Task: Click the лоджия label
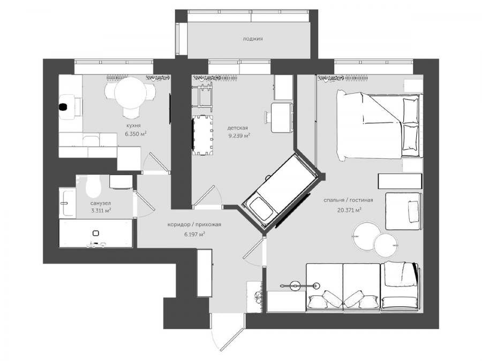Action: click(x=253, y=39)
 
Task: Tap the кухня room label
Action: click(x=133, y=126)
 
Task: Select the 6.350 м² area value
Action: click(x=135, y=134)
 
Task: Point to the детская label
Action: click(x=238, y=128)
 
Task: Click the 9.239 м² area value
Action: click(x=239, y=136)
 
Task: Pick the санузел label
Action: click(x=101, y=203)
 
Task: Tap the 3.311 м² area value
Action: click(x=101, y=211)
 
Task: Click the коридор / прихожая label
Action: click(x=194, y=225)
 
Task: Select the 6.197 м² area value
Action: click(x=194, y=235)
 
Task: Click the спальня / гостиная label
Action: click(x=348, y=200)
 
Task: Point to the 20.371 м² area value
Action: click(x=349, y=210)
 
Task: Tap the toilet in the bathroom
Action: click(x=93, y=186)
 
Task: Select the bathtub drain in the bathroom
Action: click(x=96, y=233)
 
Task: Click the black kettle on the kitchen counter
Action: click(x=63, y=107)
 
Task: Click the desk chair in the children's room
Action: click(x=268, y=117)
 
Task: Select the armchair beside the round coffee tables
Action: click(x=403, y=211)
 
